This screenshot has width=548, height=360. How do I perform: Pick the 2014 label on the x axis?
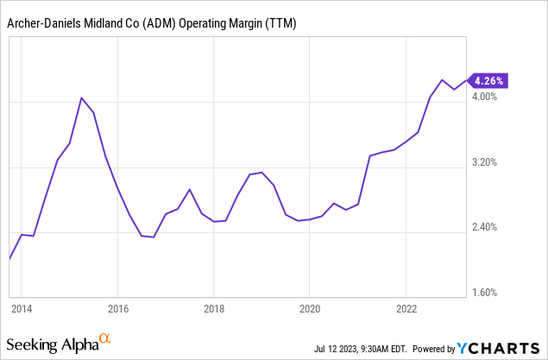22,307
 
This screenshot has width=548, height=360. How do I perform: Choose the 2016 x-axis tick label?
118,307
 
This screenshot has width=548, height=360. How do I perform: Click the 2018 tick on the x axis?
214,307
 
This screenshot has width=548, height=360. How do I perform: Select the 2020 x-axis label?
311,307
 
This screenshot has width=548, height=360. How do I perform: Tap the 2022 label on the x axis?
407,307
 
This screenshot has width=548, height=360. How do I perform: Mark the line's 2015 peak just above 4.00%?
81,98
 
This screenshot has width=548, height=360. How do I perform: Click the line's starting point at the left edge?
9,258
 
